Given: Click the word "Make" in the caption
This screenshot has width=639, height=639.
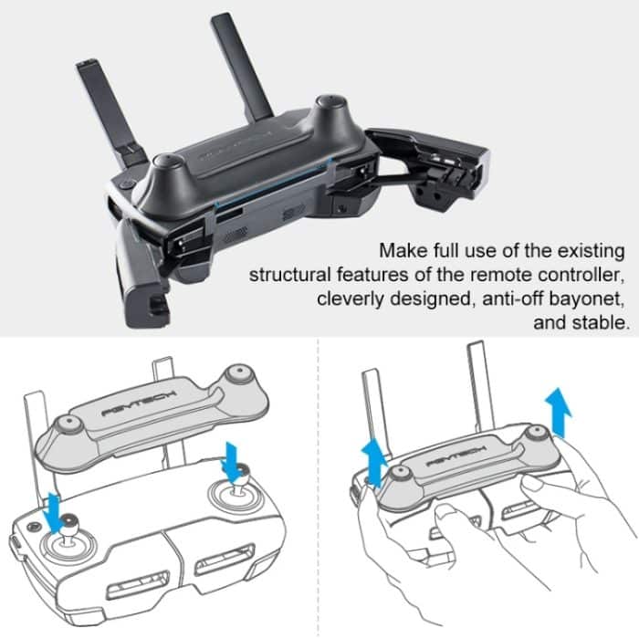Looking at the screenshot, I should pyautogui.click(x=403, y=250).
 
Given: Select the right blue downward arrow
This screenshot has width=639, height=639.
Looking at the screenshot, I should pyautogui.click(x=231, y=454).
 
